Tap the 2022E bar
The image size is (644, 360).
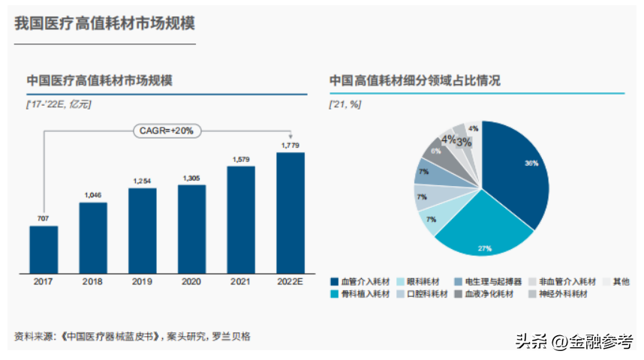(x=290, y=212)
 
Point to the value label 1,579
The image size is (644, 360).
(x=241, y=159)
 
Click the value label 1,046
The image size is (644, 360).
(x=93, y=195)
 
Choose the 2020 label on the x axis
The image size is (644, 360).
(x=191, y=281)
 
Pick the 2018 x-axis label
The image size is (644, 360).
(x=93, y=281)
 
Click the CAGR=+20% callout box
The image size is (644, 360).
(x=167, y=130)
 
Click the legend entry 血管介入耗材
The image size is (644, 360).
(x=360, y=281)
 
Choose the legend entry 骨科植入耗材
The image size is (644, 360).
(x=360, y=294)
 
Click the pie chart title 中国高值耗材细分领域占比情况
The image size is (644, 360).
(x=414, y=81)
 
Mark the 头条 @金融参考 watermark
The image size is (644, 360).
(x=573, y=340)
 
